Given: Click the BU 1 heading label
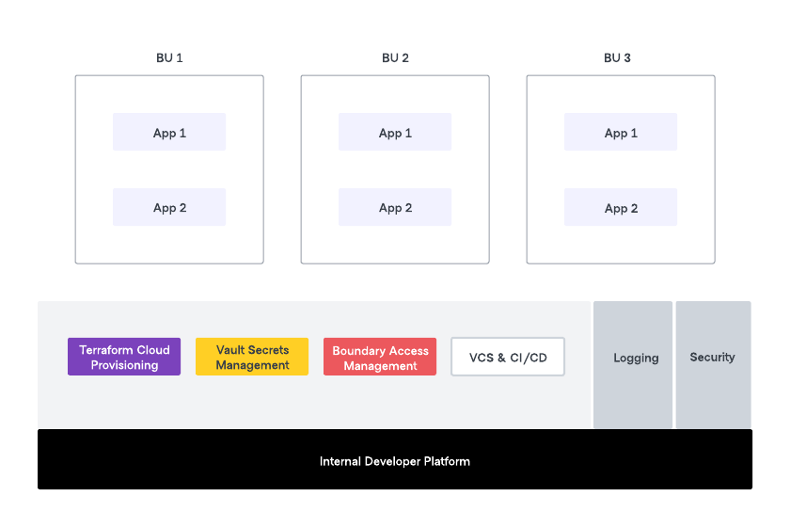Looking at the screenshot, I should (169, 57).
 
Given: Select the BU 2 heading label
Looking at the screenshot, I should (395, 57).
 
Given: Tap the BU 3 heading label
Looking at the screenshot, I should (617, 57).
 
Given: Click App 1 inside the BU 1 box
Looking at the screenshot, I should (169, 133).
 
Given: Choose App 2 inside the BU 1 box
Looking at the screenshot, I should (169, 208).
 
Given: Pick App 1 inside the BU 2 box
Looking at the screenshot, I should (395, 133).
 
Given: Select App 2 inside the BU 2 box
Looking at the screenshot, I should (395, 208).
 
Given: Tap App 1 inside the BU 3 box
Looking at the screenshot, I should (621, 133).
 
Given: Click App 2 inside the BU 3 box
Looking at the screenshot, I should (621, 208).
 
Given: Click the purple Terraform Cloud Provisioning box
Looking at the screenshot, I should (124, 358).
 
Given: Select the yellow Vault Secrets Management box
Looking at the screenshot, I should (252, 358).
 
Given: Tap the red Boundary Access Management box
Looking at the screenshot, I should (380, 358).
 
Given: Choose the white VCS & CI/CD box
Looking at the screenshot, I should (508, 358).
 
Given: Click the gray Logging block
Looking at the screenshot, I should (636, 358).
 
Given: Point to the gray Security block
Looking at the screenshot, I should (713, 358).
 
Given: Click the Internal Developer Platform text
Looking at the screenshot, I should (395, 461).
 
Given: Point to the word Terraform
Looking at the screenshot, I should (106, 350).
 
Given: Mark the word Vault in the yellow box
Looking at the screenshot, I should (231, 350).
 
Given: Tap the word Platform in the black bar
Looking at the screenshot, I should (445, 461).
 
